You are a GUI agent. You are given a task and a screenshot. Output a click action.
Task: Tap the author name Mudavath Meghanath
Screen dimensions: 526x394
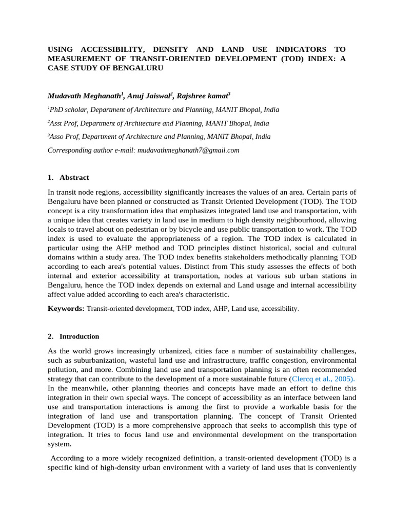coord(84,96)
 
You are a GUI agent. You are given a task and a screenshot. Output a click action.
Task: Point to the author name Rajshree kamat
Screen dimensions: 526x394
coord(203,96)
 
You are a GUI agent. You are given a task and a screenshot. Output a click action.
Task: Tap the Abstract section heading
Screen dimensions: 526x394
coord(74,178)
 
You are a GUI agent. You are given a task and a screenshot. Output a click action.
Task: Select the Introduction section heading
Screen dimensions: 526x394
coord(79,337)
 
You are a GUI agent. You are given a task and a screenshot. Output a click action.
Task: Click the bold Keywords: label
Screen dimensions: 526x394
coord(66,309)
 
